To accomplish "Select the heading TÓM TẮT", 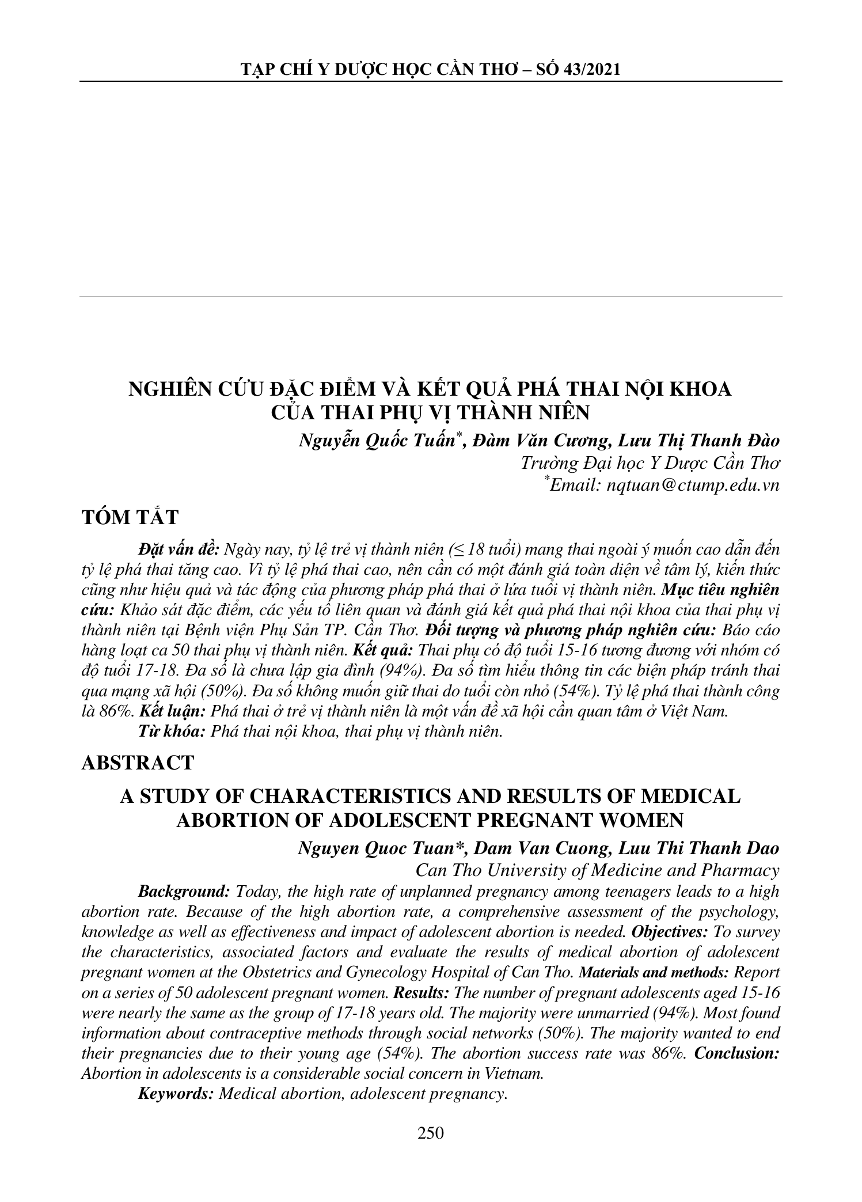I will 130,517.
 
